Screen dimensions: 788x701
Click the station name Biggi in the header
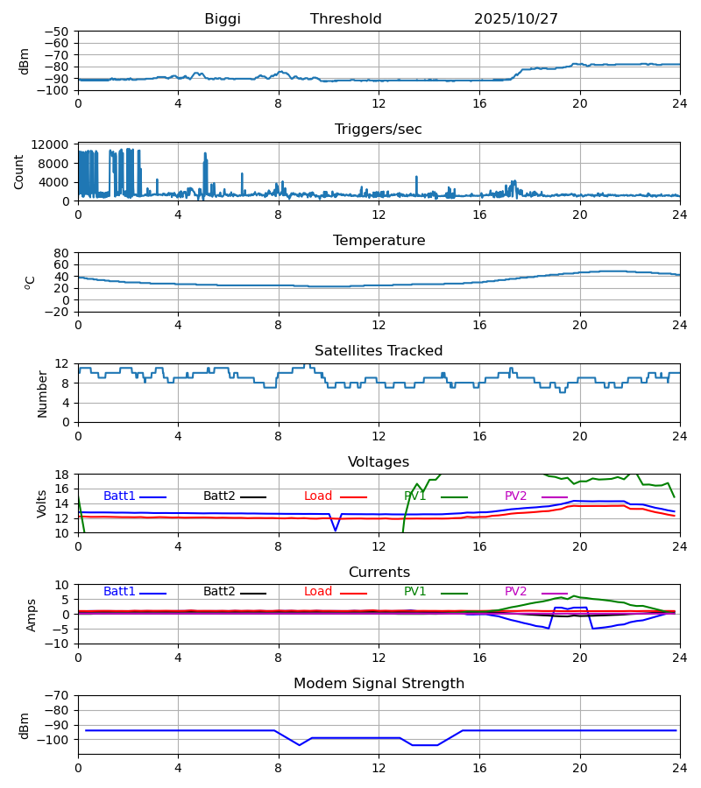click(x=223, y=19)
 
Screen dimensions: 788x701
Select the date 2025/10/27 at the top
click(x=516, y=19)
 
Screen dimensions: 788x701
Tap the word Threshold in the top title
click(x=346, y=19)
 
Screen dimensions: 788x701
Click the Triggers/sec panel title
click(x=379, y=130)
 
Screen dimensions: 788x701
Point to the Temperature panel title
click(x=379, y=241)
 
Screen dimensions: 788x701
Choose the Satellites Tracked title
click(x=379, y=351)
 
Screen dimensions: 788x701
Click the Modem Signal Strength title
click(x=379, y=684)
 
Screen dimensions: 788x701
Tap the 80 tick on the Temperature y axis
click(x=61, y=253)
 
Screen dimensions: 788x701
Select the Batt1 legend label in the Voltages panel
click(x=119, y=496)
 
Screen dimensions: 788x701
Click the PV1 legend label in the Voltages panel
click(x=415, y=496)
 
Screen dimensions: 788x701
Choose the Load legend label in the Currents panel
click(x=318, y=592)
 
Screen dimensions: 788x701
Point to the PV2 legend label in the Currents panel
click(x=516, y=592)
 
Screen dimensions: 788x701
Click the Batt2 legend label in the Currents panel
click(x=219, y=592)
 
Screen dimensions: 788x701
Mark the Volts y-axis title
click(x=42, y=503)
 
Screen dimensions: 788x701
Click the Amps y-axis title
click(x=33, y=615)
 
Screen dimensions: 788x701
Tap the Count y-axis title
click(x=19, y=172)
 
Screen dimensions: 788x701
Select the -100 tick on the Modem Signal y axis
click(x=54, y=740)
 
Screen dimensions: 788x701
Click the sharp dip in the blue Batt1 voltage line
click(x=335, y=530)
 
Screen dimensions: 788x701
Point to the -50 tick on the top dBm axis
click(x=58, y=32)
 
